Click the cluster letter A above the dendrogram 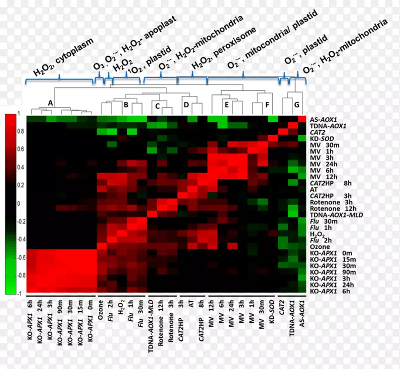click(50, 102)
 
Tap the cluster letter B click(126, 104)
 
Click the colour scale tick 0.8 click(19, 131)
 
